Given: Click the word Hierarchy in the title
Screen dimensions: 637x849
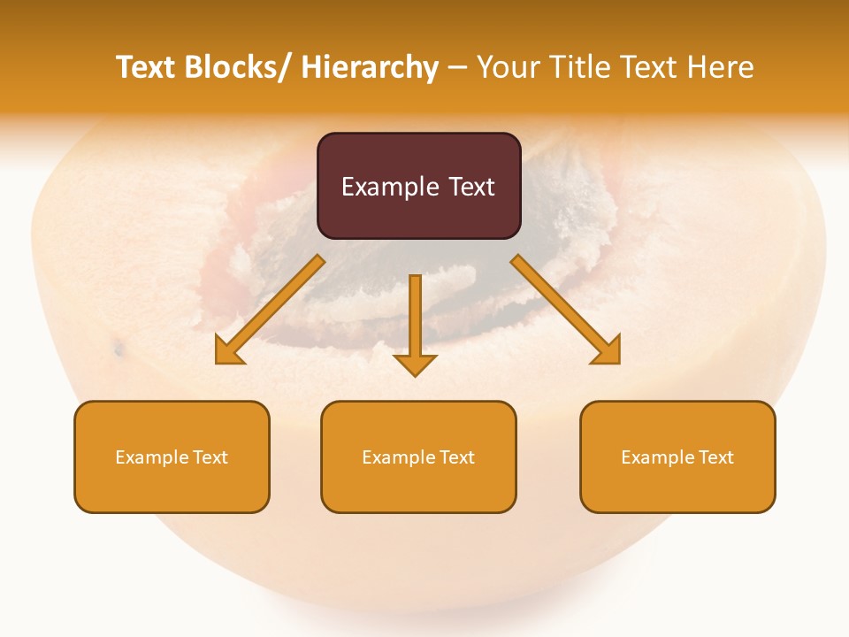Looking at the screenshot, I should point(370,67).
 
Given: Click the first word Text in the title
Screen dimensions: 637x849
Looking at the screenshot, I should point(147,67).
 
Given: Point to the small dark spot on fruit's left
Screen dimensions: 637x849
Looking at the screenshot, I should point(118,350).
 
